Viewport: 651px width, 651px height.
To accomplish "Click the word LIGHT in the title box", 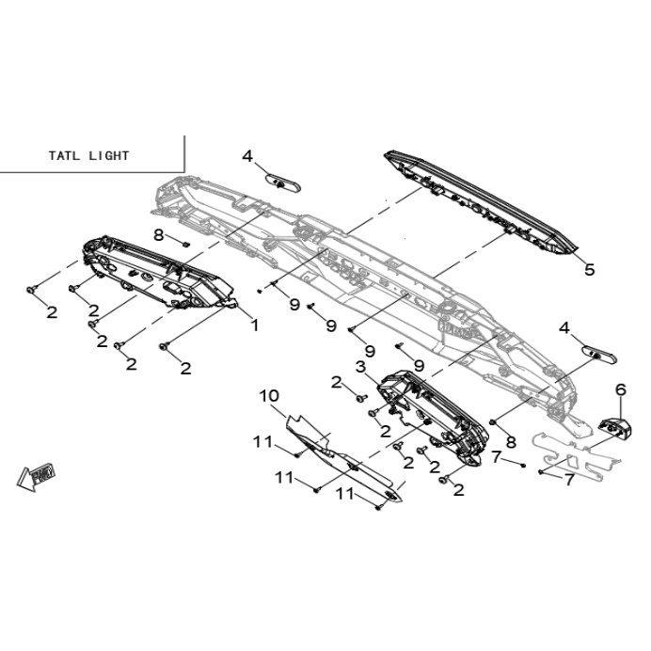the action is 109,155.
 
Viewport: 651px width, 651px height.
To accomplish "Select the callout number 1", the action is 255,325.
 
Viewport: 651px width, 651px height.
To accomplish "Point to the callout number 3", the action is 361,367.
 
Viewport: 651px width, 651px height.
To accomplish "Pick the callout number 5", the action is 590,269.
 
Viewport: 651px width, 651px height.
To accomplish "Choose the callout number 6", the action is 621,389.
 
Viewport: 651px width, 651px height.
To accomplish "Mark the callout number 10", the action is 269,396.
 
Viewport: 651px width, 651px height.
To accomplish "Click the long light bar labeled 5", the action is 482,201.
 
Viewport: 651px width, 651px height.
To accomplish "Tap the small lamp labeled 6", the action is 615,428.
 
